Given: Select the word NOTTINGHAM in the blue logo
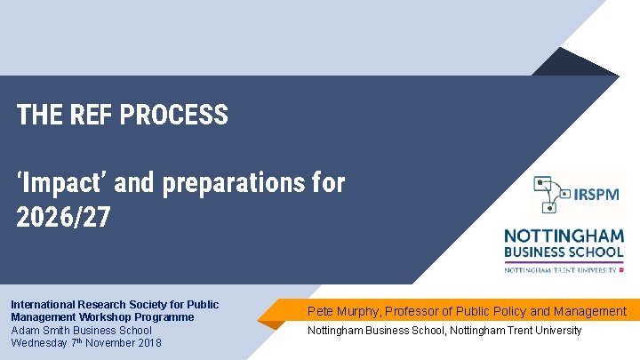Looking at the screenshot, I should pyautogui.click(x=564, y=236).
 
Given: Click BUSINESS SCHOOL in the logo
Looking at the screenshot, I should pyautogui.click(x=564, y=252).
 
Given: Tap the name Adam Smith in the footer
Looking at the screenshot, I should pyautogui.click(x=39, y=331).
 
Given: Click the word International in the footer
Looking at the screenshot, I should pyautogui.click(x=42, y=305).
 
